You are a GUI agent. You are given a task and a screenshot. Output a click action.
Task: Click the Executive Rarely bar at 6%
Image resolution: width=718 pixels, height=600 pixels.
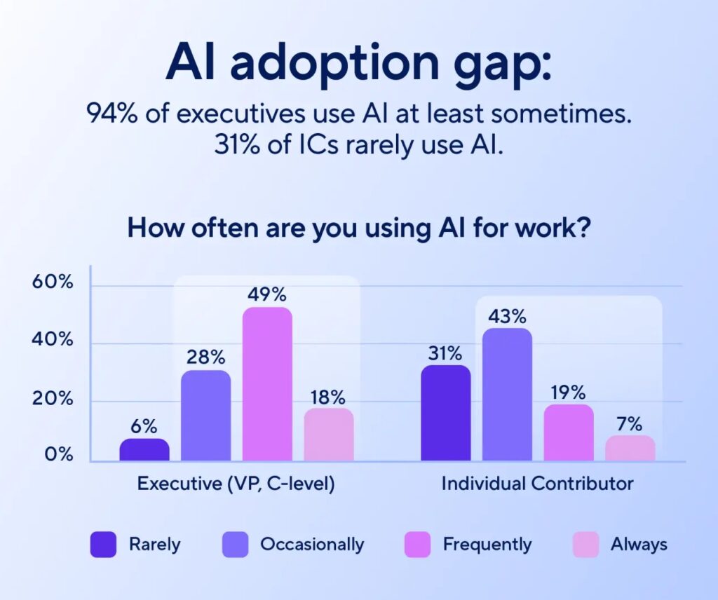tap(144, 450)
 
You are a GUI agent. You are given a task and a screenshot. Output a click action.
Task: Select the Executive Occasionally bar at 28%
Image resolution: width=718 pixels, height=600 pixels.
tap(206, 416)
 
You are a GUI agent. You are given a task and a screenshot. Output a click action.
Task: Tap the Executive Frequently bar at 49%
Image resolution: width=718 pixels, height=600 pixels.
tap(267, 384)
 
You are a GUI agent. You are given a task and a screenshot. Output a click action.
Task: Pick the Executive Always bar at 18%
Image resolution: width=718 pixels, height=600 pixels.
tap(329, 435)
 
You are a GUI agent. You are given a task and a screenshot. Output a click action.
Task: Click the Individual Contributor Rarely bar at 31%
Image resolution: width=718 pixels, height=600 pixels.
tap(445, 413)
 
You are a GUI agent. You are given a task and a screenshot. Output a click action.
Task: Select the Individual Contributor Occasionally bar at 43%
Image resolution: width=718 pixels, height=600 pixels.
tap(507, 395)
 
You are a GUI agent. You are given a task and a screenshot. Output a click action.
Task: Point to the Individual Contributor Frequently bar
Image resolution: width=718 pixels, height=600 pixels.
tap(569, 432)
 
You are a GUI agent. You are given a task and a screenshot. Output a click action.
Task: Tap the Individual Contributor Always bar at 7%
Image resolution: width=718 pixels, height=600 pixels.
tap(630, 449)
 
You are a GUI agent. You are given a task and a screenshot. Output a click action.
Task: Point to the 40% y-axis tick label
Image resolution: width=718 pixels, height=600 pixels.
tap(53, 341)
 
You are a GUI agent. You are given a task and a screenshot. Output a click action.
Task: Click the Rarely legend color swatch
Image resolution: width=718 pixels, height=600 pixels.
tap(103, 545)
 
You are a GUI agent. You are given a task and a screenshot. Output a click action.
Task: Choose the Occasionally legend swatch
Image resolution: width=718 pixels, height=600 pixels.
tap(235, 545)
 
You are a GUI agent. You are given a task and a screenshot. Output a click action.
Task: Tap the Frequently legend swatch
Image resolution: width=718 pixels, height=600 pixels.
tap(417, 545)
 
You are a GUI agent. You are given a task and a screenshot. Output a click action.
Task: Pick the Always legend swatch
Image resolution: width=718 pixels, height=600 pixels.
tap(585, 545)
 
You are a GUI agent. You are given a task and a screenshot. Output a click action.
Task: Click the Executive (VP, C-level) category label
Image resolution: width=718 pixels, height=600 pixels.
tap(236, 484)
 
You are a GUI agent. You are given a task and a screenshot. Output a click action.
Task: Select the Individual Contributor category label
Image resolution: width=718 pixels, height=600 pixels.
tap(537, 484)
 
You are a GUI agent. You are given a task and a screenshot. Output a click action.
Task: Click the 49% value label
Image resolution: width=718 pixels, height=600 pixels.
tap(266, 294)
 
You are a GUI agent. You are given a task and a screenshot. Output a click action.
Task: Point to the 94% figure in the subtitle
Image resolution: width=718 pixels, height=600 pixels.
tap(111, 114)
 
